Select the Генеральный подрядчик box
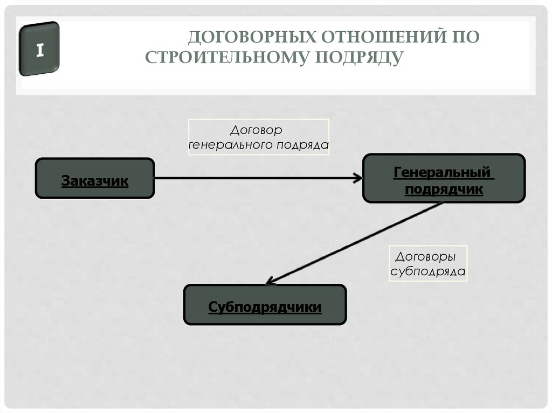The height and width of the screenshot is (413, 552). click(x=443, y=178)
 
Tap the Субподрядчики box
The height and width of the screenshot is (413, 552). click(x=265, y=305)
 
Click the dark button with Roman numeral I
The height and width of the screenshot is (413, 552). click(x=39, y=49)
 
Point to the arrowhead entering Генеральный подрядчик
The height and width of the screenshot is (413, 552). click(x=358, y=178)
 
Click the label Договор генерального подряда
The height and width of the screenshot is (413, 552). click(x=258, y=137)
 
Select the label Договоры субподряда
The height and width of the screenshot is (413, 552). click(x=428, y=263)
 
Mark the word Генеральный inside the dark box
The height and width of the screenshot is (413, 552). click(x=442, y=173)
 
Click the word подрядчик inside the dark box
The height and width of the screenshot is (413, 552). click(x=443, y=189)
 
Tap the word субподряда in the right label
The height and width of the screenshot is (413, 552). click(x=428, y=271)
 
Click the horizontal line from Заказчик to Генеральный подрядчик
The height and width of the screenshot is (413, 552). click(x=253, y=178)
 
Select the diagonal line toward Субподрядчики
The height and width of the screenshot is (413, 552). click(x=356, y=243)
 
